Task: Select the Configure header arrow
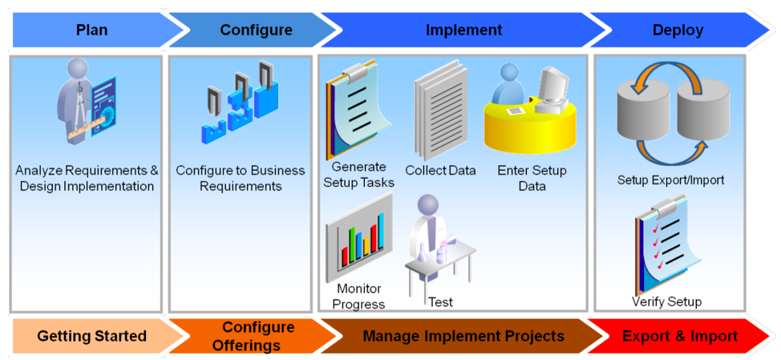click(256, 30)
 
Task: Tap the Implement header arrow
click(463, 30)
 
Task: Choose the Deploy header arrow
click(678, 30)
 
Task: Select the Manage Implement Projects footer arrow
click(463, 336)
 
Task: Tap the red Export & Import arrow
click(679, 336)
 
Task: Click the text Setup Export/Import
click(670, 180)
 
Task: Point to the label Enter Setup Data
click(532, 178)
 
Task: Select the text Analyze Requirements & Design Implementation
click(87, 178)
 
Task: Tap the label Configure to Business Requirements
click(241, 178)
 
